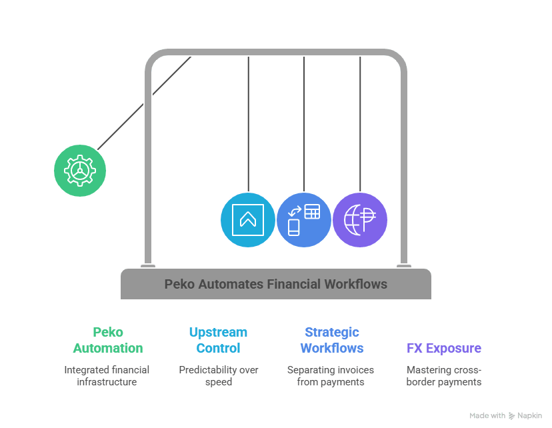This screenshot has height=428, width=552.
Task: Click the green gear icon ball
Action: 80,170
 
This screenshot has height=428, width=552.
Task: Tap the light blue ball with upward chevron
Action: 247,220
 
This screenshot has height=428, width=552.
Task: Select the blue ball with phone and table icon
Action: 303,220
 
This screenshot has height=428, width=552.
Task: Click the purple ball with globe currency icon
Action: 360,220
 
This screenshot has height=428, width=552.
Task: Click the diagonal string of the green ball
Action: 143,103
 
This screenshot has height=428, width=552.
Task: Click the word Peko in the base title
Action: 179,284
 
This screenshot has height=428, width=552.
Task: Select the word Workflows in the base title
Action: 355,284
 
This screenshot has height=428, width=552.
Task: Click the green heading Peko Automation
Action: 107,340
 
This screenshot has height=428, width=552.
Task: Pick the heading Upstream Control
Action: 218,340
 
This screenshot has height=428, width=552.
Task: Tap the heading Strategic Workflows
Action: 331,340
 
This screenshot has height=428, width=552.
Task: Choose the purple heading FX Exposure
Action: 443,348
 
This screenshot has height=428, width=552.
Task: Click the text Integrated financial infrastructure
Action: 107,375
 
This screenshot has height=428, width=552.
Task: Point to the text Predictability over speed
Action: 218,375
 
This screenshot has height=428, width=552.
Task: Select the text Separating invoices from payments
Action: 331,375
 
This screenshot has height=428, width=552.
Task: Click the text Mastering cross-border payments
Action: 443,375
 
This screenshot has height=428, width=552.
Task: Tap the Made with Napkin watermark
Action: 505,415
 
